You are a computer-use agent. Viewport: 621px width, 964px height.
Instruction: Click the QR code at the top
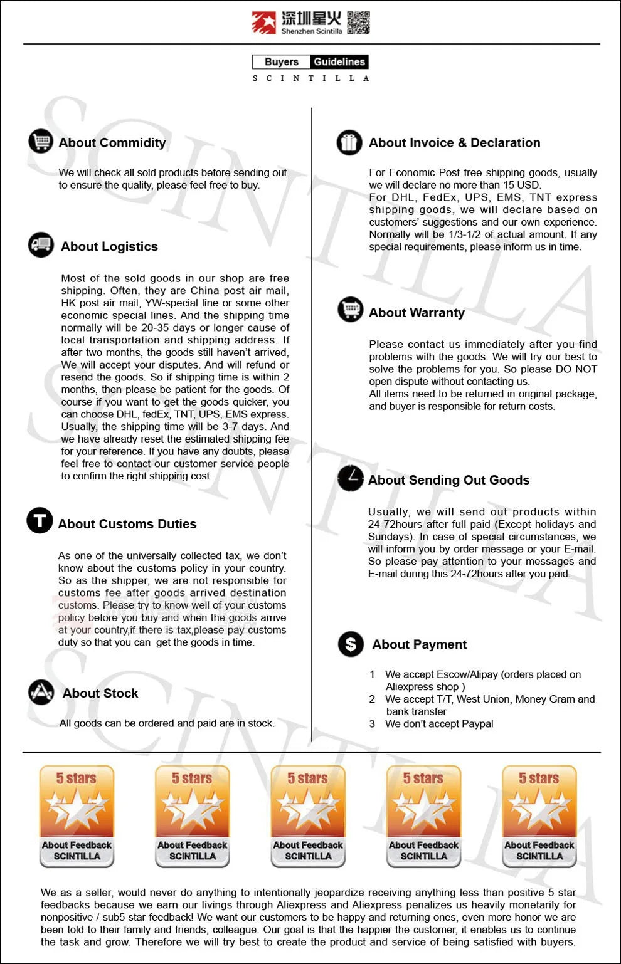tap(358, 23)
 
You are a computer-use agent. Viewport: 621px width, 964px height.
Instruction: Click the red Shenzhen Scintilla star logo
tap(263, 23)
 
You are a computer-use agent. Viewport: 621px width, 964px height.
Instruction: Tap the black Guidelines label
tap(339, 61)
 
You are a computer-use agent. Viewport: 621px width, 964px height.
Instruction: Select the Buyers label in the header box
tap(282, 61)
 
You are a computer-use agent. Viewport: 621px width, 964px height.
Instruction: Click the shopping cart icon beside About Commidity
tap(41, 141)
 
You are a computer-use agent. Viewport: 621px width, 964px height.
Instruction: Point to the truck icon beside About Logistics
tap(41, 244)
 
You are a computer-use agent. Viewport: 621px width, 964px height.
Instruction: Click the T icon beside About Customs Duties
tap(40, 520)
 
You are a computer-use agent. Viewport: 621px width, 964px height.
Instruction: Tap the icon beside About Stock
tap(41, 692)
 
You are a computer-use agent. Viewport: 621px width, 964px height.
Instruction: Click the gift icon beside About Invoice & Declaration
tap(349, 142)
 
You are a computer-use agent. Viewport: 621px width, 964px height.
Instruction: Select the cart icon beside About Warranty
tap(351, 309)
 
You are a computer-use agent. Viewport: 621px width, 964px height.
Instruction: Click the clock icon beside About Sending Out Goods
tap(351, 478)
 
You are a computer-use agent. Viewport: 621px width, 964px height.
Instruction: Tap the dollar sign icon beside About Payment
tap(351, 644)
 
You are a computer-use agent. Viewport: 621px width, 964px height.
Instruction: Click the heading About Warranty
tap(417, 313)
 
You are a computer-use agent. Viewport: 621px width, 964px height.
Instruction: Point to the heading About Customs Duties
tap(127, 524)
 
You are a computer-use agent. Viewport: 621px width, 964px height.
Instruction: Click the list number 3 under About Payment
tap(372, 724)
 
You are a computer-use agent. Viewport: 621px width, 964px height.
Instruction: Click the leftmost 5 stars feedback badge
tap(77, 816)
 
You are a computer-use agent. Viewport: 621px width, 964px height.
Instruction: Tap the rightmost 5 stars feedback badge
tap(539, 816)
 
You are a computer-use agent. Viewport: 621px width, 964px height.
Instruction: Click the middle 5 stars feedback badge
tap(308, 816)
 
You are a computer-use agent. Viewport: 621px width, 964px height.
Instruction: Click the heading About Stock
tap(100, 693)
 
